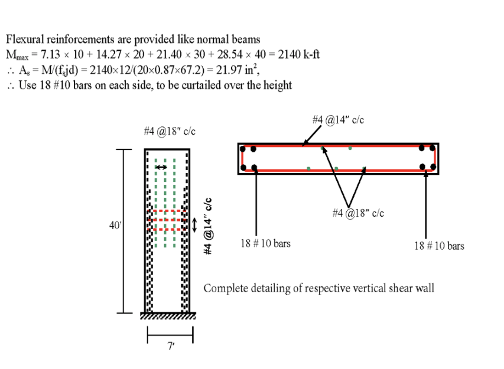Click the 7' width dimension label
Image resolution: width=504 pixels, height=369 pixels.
click(171, 347)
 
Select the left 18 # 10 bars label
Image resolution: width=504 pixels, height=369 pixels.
click(266, 243)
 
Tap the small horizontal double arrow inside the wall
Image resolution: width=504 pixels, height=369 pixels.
click(160, 168)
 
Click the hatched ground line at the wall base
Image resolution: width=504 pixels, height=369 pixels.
click(168, 316)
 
